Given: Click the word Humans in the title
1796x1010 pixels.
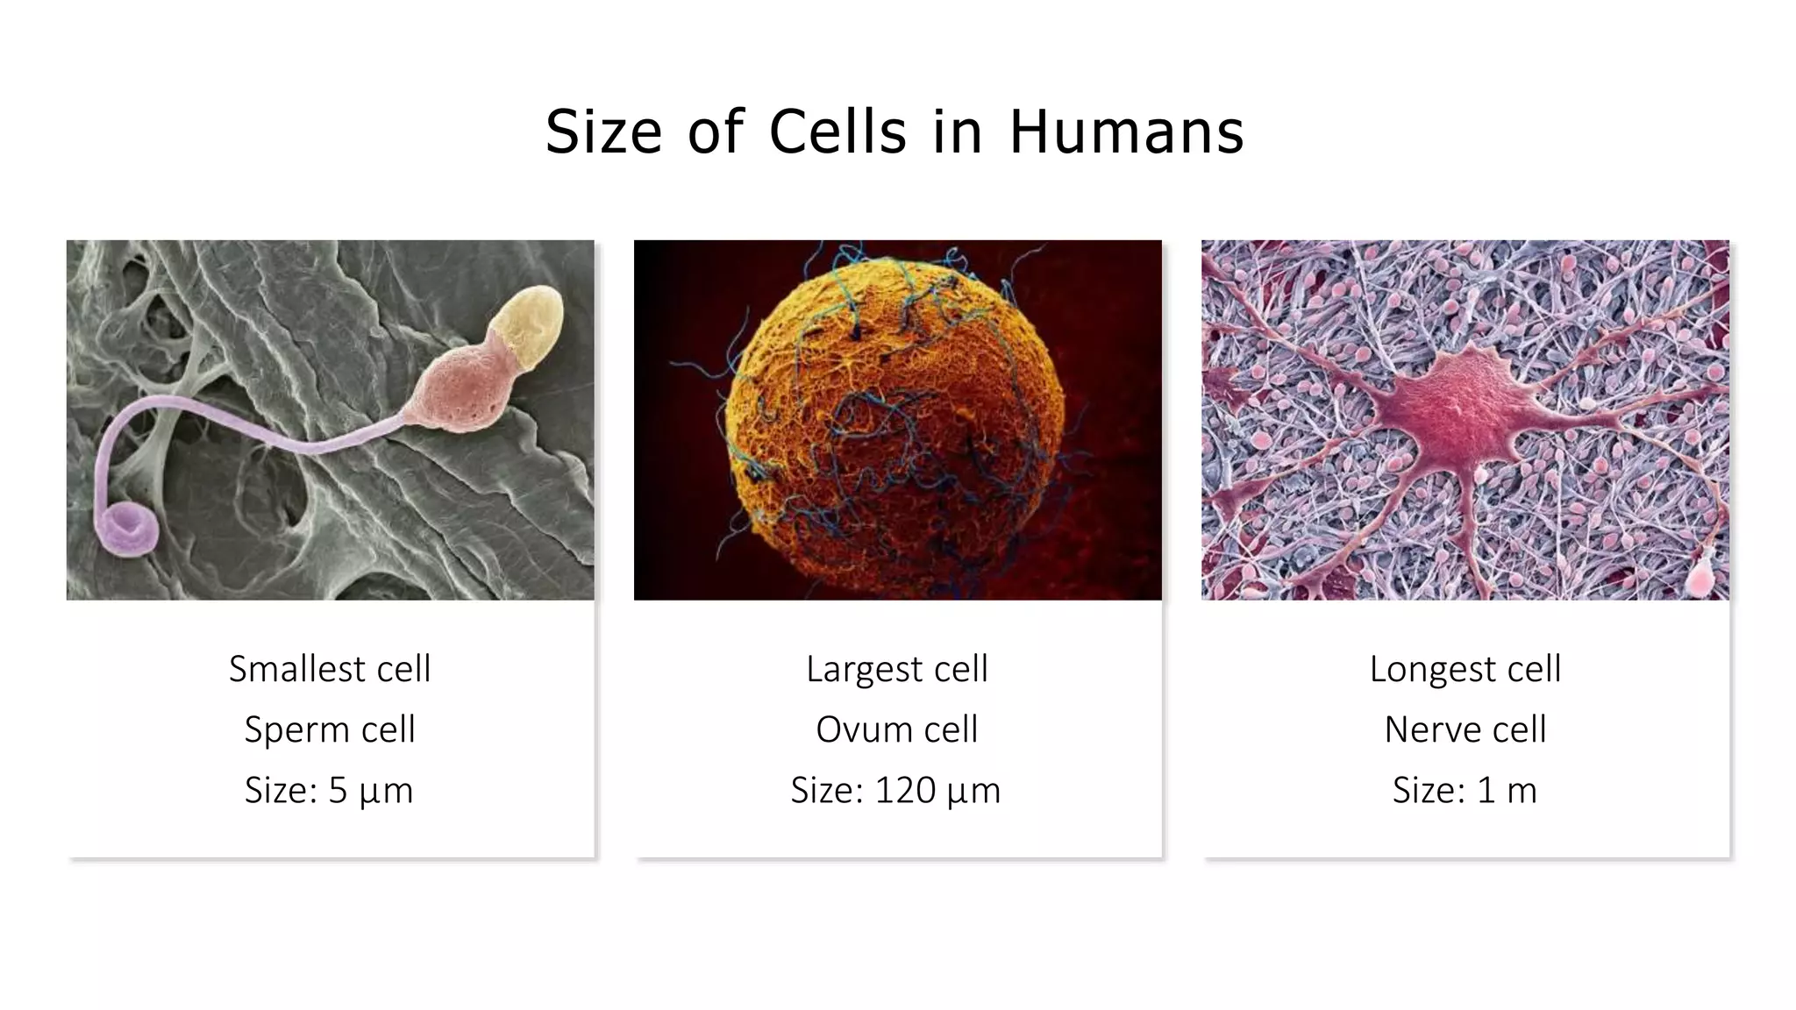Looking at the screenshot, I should pyautogui.click(x=1126, y=132).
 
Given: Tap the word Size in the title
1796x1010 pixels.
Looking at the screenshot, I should pyautogui.click(x=603, y=132).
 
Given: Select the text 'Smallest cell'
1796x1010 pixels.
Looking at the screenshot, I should pyautogui.click(x=330, y=669).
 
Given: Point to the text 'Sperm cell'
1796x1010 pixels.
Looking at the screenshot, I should pyautogui.click(x=330, y=729).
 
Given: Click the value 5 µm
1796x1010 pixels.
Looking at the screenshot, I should pyautogui.click(x=370, y=791).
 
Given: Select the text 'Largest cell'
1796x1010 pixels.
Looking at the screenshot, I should pyautogui.click(x=897, y=669).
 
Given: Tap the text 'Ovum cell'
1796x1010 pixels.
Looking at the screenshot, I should pyautogui.click(x=897, y=729).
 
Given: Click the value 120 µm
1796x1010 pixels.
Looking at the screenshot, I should pyautogui.click(x=937, y=791).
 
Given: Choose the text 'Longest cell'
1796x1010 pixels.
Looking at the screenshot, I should pyautogui.click(x=1465, y=669).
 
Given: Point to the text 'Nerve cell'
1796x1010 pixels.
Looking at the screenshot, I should pyautogui.click(x=1465, y=729).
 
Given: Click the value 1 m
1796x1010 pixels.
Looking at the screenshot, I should pyautogui.click(x=1507, y=791).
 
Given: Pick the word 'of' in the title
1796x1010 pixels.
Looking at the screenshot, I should pyautogui.click(x=716, y=132).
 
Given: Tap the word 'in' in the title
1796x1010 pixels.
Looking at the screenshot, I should pyautogui.click(x=956, y=132).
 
